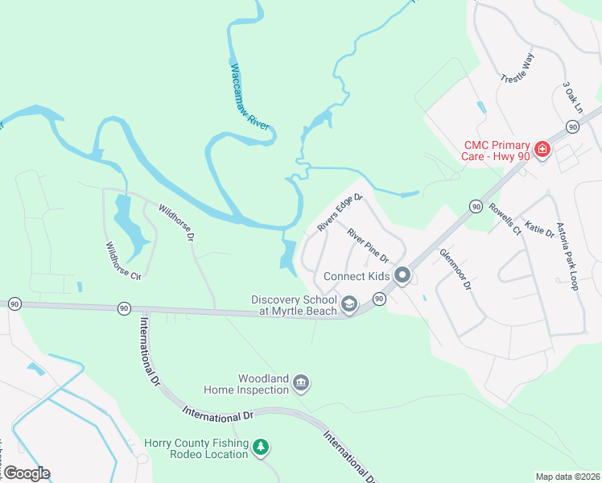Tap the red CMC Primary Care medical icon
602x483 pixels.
point(542,149)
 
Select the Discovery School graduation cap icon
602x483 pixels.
point(349,304)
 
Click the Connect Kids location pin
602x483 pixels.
point(403,276)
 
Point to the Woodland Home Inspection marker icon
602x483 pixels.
point(300,382)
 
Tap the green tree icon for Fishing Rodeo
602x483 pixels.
point(260,447)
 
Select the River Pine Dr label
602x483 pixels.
point(368,246)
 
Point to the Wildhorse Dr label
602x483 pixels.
point(176,222)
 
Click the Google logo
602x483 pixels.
point(27,473)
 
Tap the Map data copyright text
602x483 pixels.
point(567,477)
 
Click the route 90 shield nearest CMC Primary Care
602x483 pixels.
point(572,127)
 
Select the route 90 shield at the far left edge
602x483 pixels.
point(14,303)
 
